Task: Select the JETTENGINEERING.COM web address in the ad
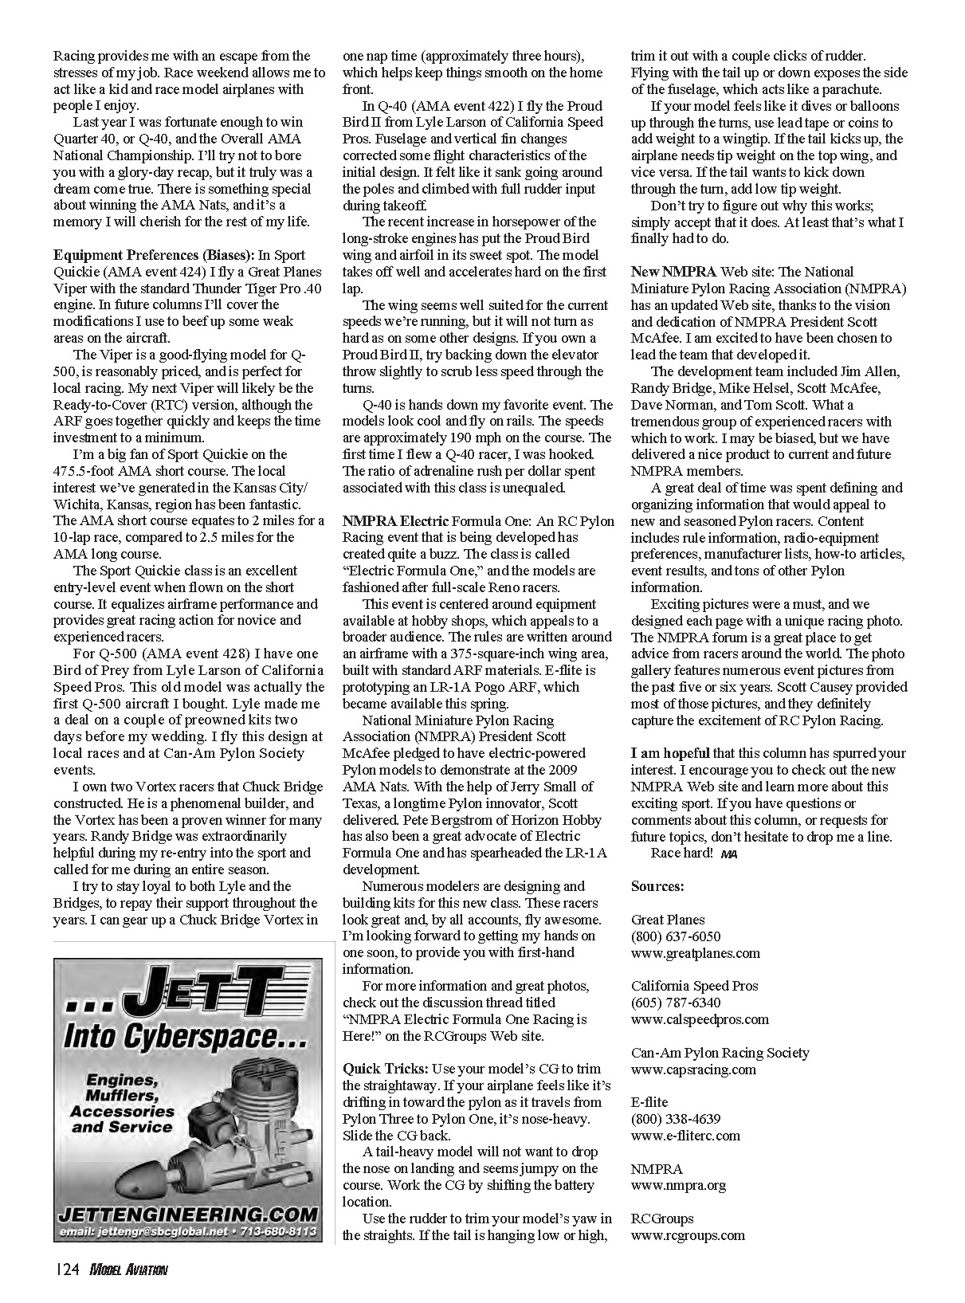(x=187, y=1215)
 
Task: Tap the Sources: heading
(x=657, y=886)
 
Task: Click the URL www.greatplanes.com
(x=695, y=953)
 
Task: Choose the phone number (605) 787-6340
(x=676, y=1003)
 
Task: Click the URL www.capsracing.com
(x=693, y=1069)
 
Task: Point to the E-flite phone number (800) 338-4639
(x=676, y=1119)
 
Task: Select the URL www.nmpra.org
(x=678, y=1185)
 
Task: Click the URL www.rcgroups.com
(x=688, y=1235)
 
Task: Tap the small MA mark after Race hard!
(x=728, y=854)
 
